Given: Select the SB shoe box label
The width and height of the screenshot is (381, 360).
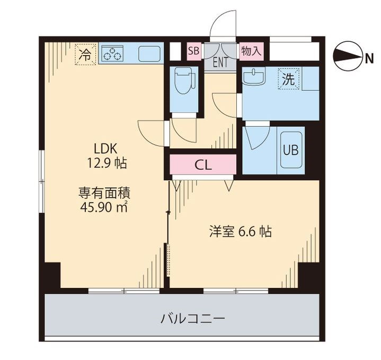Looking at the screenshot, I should [193, 51].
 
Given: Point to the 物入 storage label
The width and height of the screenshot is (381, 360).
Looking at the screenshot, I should [251, 51].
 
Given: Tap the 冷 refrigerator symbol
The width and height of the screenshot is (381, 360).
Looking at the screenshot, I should [85, 53].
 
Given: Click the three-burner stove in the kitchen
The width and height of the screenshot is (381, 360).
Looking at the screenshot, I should [112, 54].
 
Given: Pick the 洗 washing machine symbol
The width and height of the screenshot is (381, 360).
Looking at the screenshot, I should [288, 80].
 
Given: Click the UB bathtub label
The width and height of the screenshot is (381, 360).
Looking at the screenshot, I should [290, 150].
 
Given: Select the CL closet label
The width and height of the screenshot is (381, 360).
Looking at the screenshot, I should [203, 165].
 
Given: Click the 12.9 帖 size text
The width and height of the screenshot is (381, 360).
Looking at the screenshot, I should [107, 163].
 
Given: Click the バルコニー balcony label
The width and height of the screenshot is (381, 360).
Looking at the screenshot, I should [193, 319].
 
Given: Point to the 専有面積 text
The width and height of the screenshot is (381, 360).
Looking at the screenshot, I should [105, 191].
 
